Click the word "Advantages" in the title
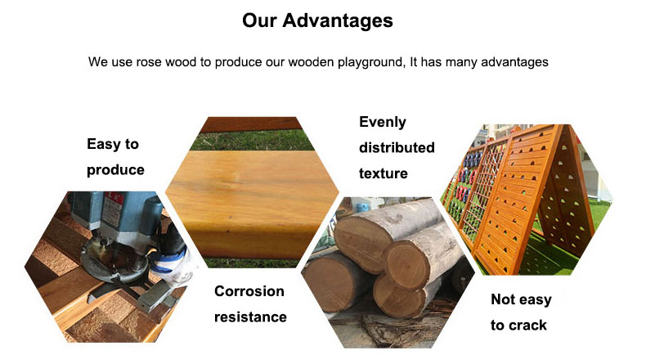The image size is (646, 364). [x=338, y=20]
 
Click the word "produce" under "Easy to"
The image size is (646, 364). [x=115, y=169]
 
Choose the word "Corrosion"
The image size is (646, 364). [x=249, y=291]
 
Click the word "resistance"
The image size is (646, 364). [x=250, y=317]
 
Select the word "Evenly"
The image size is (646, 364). [x=382, y=122]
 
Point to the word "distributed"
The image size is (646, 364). [x=397, y=147]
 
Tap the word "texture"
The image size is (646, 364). [x=383, y=173]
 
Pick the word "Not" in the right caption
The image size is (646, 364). [x=505, y=299]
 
